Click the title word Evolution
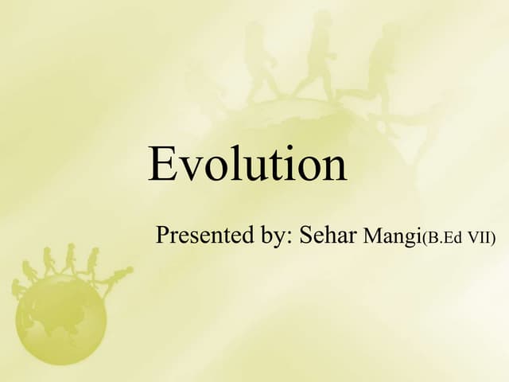point(247,165)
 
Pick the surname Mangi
point(390,236)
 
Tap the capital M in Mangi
point(371,236)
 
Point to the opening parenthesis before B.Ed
point(422,237)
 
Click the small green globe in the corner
point(60,318)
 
